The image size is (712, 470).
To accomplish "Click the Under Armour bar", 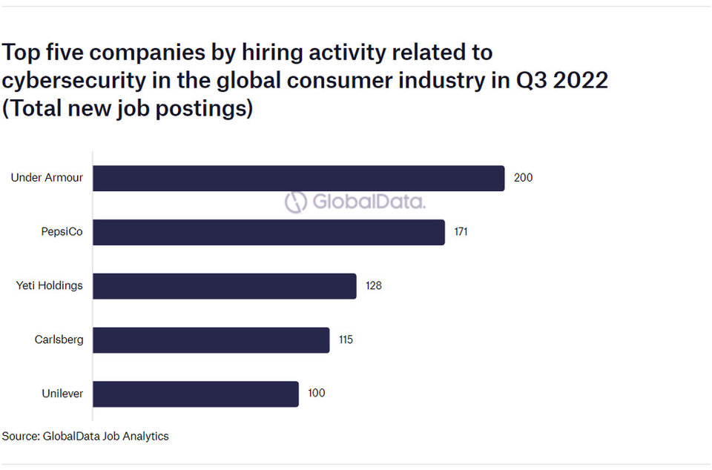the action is click(299, 179).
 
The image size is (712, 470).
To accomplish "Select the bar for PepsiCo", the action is click(268, 232).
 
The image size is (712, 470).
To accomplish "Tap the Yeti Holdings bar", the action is click(225, 286).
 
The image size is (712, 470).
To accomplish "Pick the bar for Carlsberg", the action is click(211, 340).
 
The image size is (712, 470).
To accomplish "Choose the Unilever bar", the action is click(196, 394).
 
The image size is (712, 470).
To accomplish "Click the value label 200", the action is click(523, 177).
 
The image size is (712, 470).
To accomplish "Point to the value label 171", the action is click(461, 231).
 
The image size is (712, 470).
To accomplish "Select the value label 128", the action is click(374, 285).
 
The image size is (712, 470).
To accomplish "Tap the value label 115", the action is click(346, 340).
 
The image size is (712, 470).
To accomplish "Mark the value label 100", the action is click(317, 393).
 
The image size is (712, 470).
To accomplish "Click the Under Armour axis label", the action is click(47, 177).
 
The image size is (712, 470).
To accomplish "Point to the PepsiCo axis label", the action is click(62, 231).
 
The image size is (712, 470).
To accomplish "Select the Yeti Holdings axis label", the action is click(50, 285).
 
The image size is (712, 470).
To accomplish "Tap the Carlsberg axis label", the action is click(59, 340).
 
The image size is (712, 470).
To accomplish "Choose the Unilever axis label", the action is click(62, 394).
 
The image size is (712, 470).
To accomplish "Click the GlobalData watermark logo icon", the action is click(296, 202).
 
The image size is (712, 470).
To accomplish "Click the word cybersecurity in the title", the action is click(74, 81).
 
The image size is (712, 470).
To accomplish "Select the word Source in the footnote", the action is click(20, 437).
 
